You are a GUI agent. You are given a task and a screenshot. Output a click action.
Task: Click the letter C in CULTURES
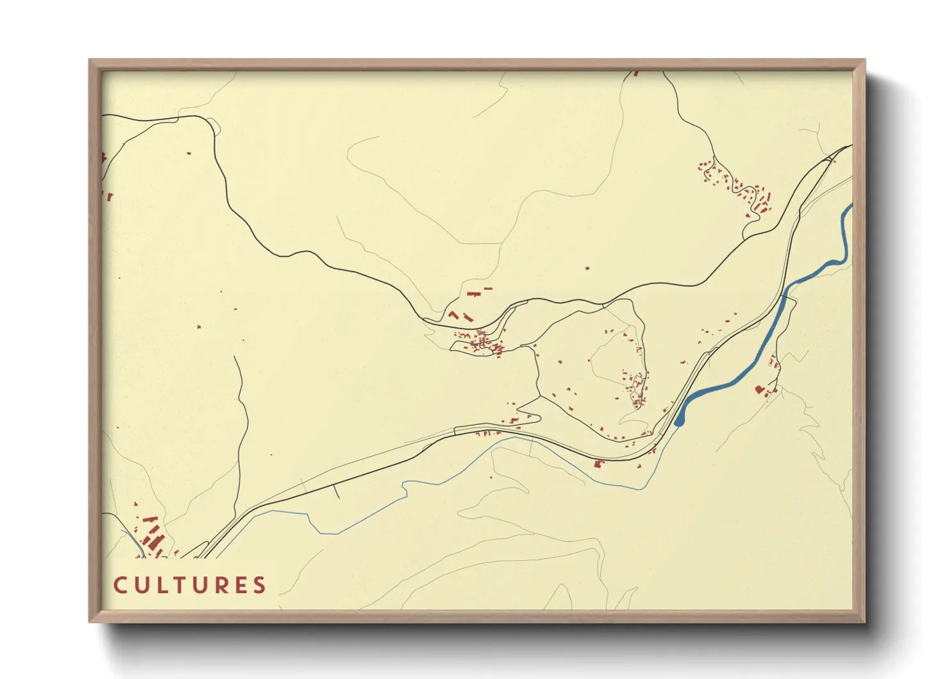coord(120,585)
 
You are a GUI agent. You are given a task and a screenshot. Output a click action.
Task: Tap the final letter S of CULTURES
coord(259,585)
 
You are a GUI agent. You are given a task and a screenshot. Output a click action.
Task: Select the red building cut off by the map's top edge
coord(636,74)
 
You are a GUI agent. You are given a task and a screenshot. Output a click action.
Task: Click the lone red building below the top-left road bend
coord(189,153)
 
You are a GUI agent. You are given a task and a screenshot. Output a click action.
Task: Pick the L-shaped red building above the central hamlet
coord(455,315)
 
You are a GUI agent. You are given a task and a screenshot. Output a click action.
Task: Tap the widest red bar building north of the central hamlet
coord(474,294)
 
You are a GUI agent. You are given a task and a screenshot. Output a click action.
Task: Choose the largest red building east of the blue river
coord(760,389)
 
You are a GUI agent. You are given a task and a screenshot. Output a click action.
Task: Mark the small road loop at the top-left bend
coord(213,126)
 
